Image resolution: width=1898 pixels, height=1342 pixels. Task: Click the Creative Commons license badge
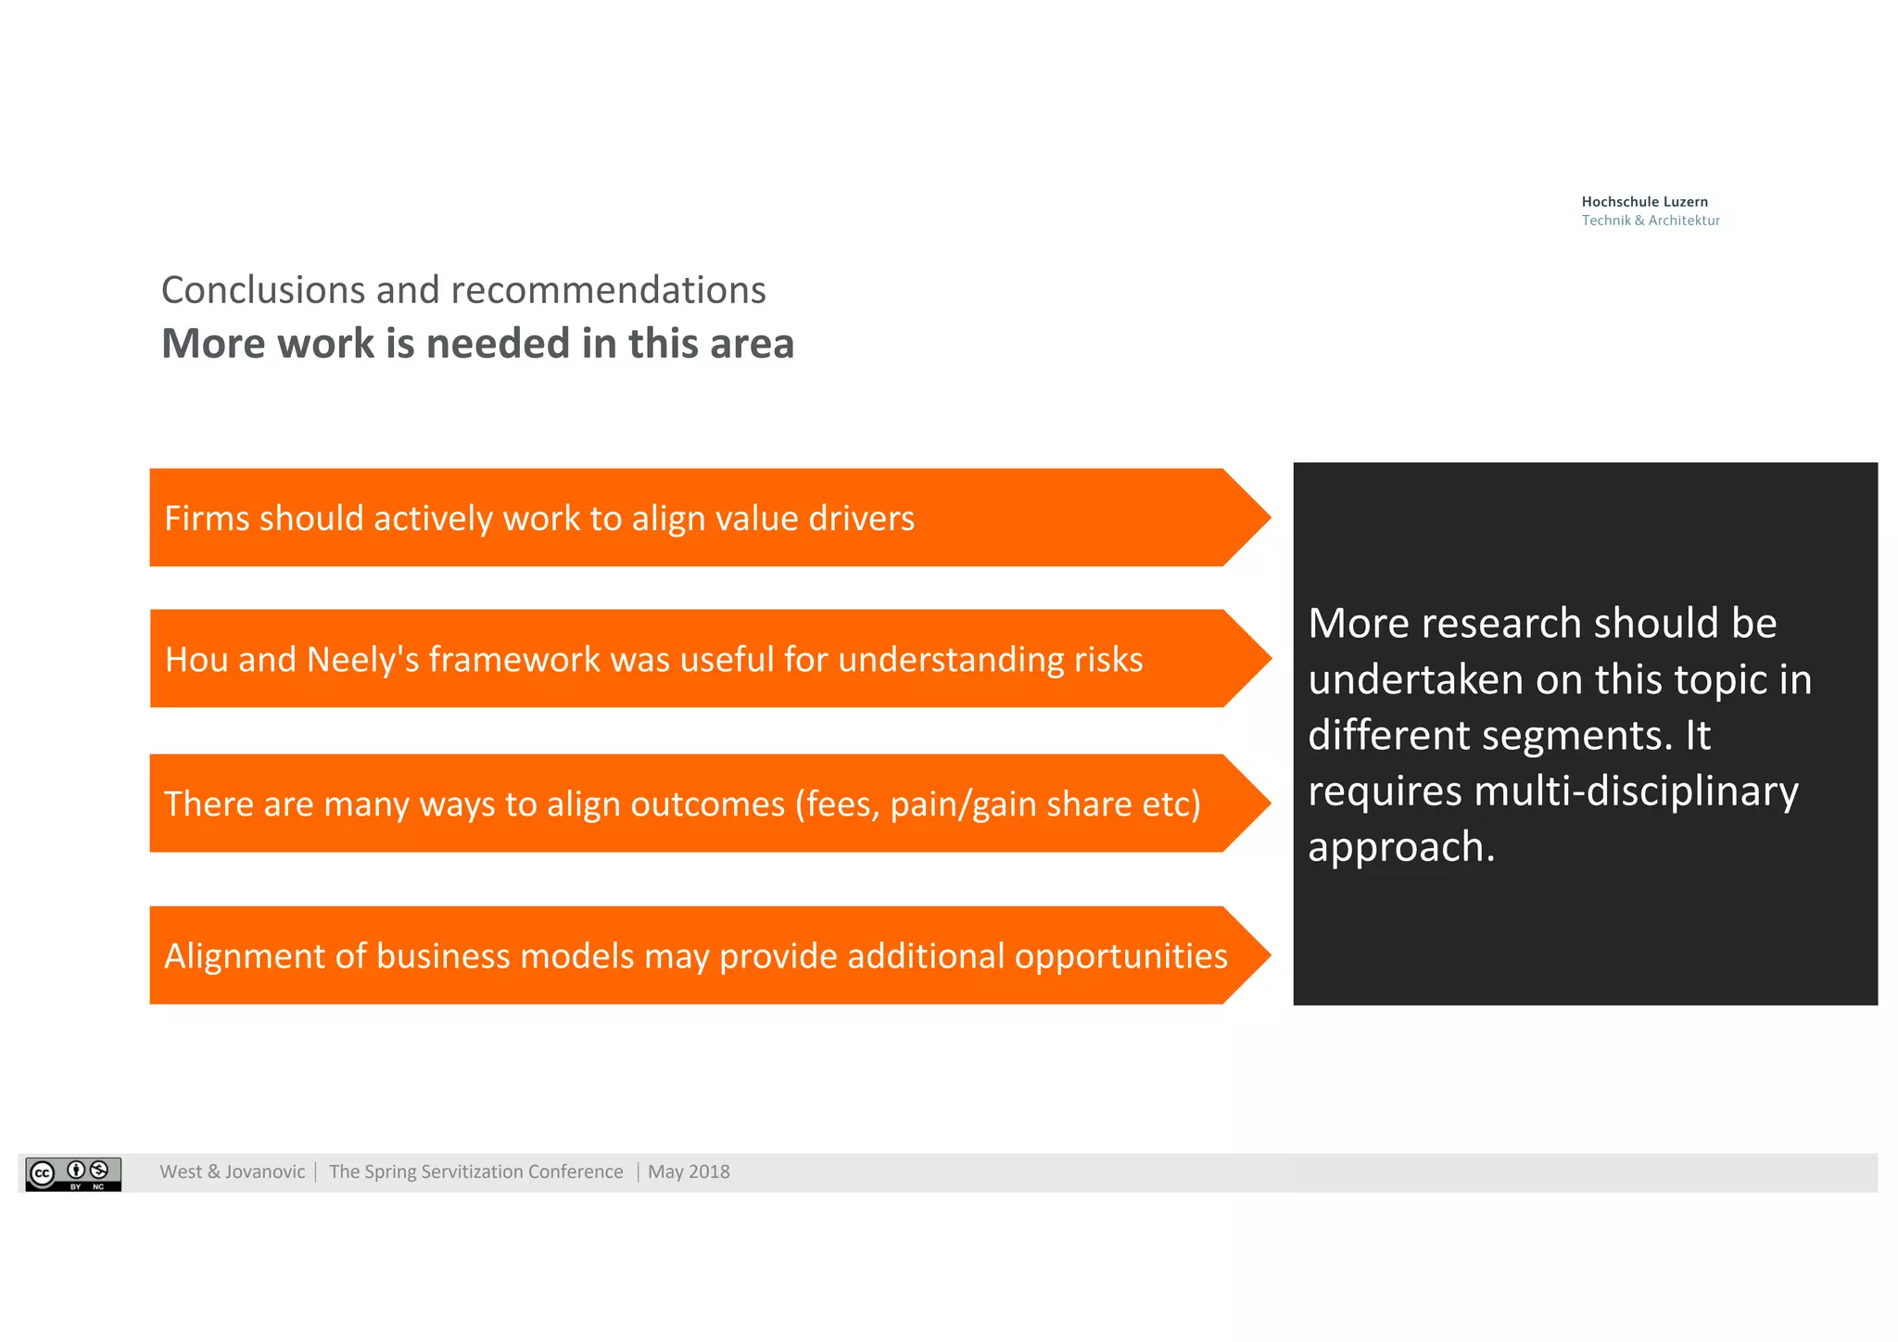coord(73,1173)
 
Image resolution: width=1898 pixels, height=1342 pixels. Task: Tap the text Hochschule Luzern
coord(1644,202)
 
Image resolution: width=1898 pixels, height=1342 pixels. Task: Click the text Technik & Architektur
coord(1650,221)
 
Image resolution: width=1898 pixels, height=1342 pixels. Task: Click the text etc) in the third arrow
coord(1170,804)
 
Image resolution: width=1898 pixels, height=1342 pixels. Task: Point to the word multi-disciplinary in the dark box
coord(1636,791)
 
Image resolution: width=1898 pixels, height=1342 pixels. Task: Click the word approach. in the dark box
coord(1401,848)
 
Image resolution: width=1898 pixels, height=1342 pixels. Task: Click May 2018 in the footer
coord(689,1172)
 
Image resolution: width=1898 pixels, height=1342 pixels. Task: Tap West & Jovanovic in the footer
coord(232,1172)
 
